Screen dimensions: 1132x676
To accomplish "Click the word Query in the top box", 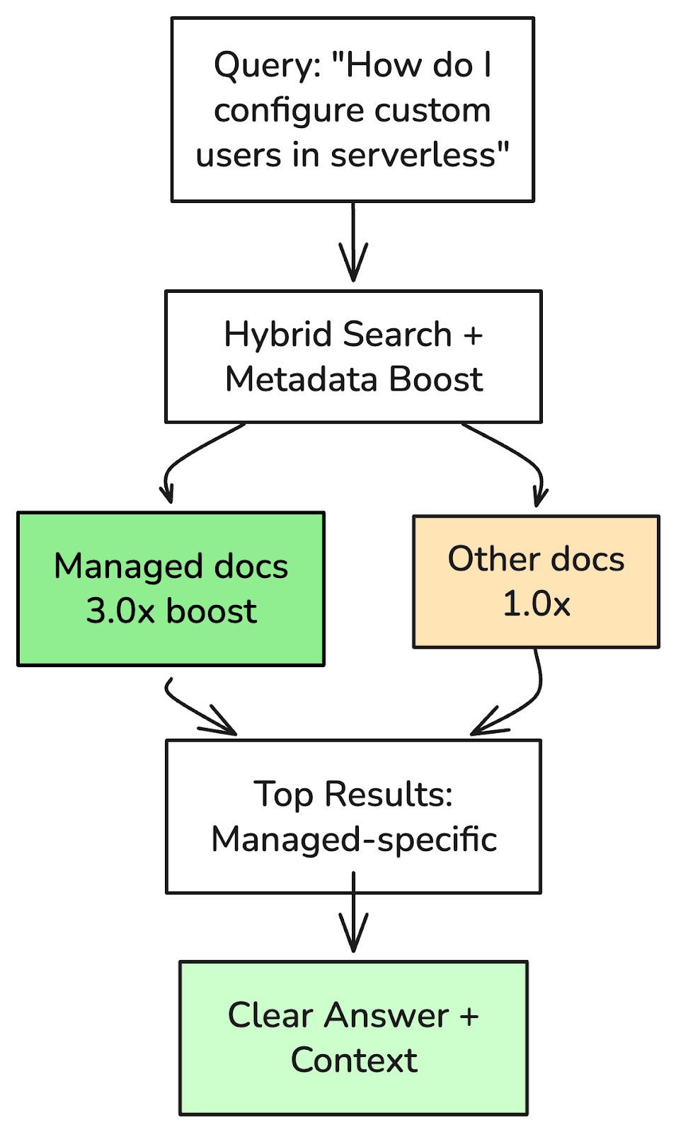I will point(261,66).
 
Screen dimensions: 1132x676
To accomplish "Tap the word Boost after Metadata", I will point(436,379).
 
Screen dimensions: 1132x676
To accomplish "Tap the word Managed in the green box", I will point(128,567).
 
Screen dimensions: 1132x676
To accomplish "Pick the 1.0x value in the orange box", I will point(536,604).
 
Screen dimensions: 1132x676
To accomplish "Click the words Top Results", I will point(353,795).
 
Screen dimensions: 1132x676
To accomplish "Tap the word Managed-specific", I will point(354,840).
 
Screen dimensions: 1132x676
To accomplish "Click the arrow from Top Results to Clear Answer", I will point(353,916).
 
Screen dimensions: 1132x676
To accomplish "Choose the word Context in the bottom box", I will point(354,1061).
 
